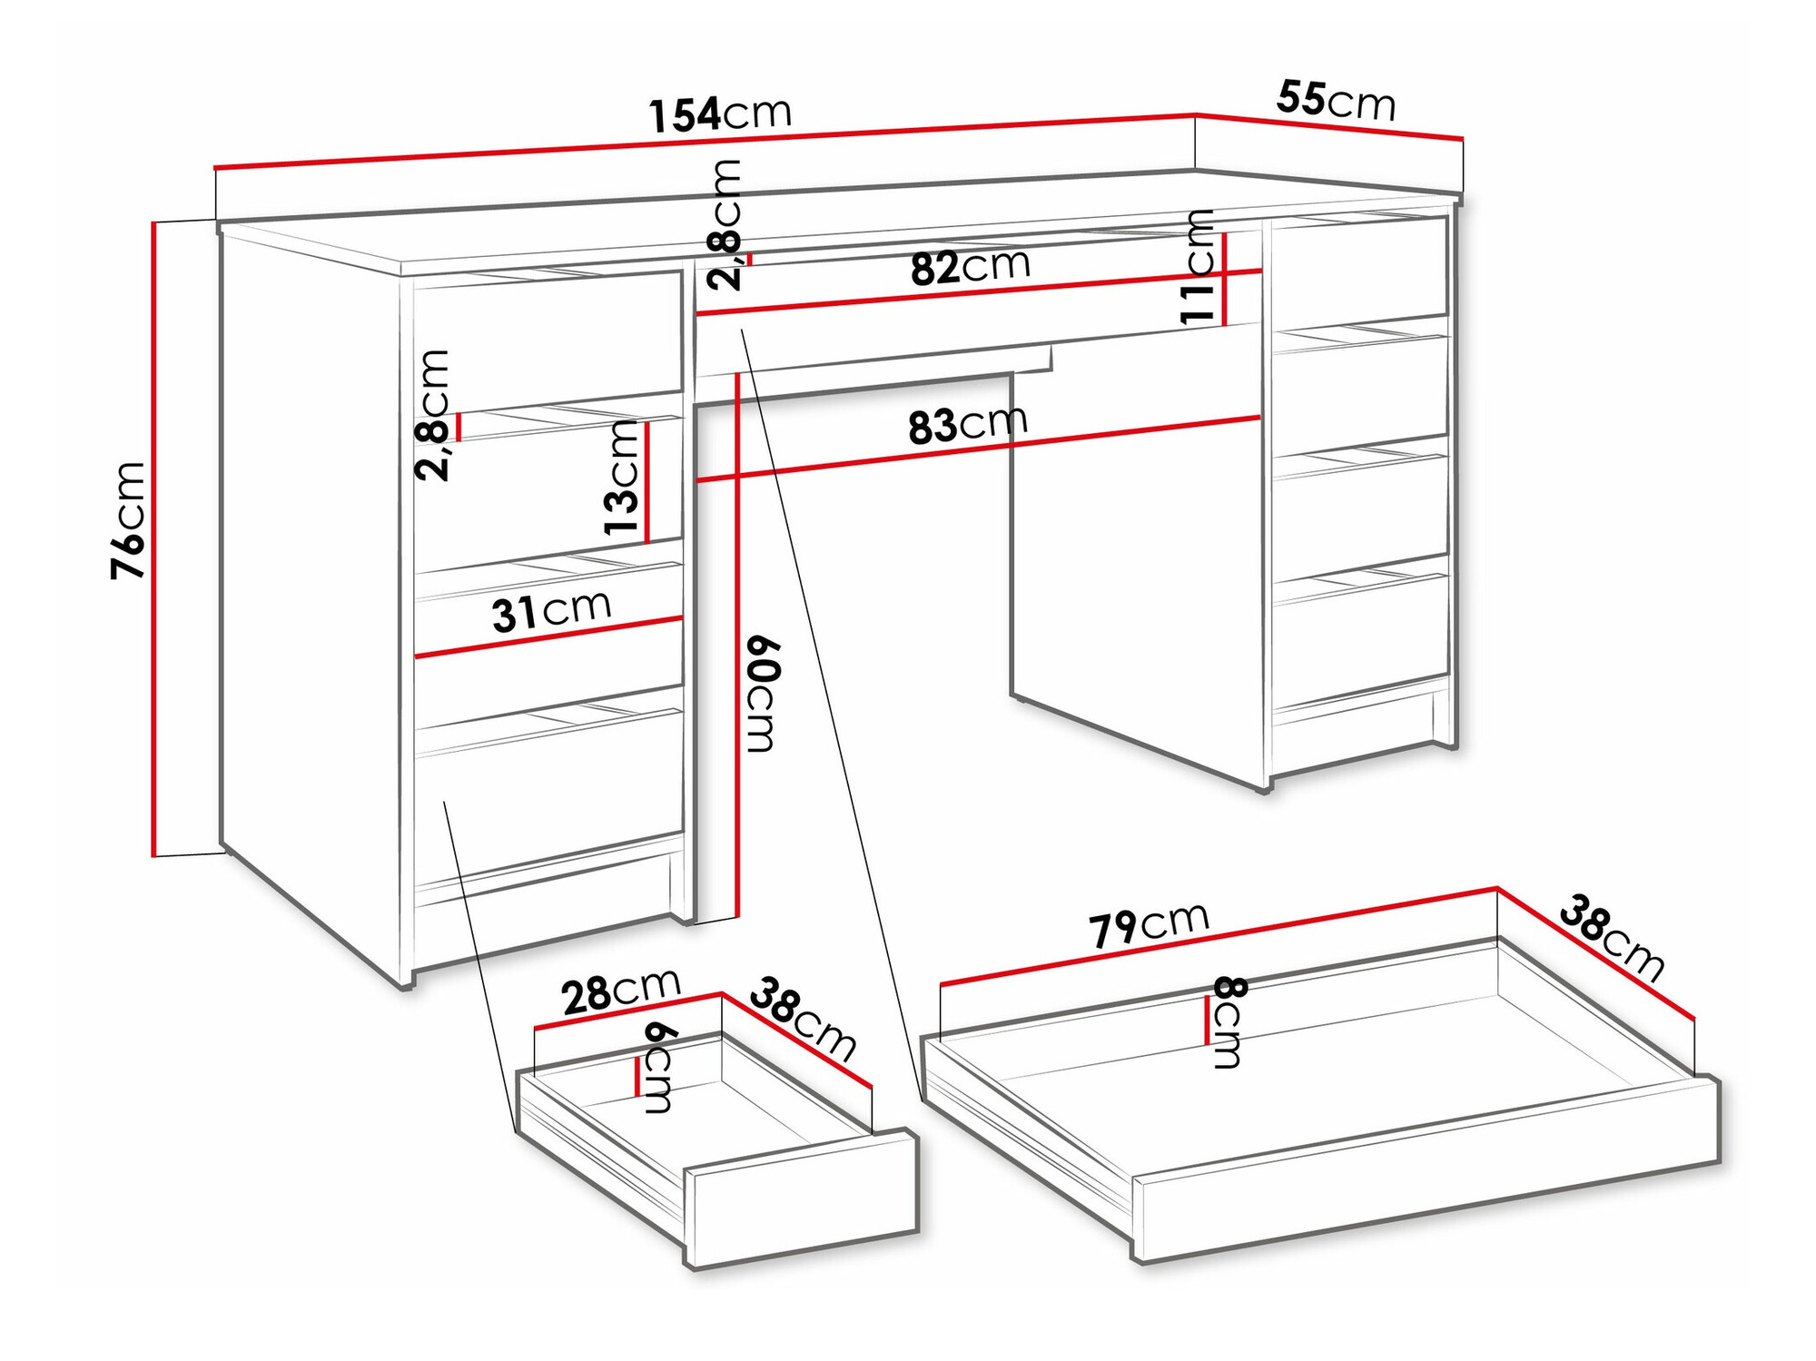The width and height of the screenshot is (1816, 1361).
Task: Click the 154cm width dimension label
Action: click(x=720, y=113)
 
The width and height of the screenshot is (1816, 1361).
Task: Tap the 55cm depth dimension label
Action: click(x=1335, y=100)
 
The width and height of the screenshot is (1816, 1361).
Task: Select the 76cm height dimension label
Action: click(x=128, y=520)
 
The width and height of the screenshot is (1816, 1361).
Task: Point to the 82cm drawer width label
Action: click(x=970, y=267)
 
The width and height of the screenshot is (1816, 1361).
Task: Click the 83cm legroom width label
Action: click(x=967, y=425)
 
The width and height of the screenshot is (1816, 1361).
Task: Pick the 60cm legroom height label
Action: click(x=761, y=695)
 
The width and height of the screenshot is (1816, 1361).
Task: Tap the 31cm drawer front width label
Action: click(x=551, y=611)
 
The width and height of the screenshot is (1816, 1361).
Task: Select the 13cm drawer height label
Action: click(x=623, y=478)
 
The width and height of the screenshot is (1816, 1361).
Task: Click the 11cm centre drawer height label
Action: click(x=1198, y=267)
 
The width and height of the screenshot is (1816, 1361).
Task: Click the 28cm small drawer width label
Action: click(x=621, y=991)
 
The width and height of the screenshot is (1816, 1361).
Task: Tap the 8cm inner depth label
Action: click(x=1229, y=1022)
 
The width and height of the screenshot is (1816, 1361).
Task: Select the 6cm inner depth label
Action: click(x=658, y=1068)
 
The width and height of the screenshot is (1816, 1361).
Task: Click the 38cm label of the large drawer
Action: click(x=1613, y=940)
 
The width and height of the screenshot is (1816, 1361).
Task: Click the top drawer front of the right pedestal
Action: click(x=1359, y=268)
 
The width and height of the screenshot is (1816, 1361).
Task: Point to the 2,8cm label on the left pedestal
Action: click(x=433, y=415)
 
